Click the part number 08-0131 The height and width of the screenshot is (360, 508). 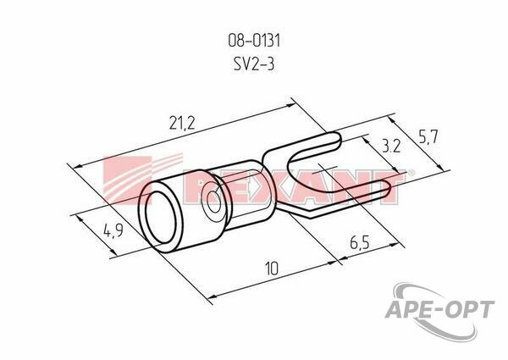254,42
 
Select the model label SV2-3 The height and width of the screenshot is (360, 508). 254,64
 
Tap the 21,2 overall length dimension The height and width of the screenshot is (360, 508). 182,123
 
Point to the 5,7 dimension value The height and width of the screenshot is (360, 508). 428,137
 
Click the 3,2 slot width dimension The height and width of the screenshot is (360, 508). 391,147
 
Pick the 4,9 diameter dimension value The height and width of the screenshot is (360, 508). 113,231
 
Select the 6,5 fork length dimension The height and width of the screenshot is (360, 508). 360,242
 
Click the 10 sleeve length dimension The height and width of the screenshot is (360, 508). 272,269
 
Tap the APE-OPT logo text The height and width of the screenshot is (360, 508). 439,309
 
